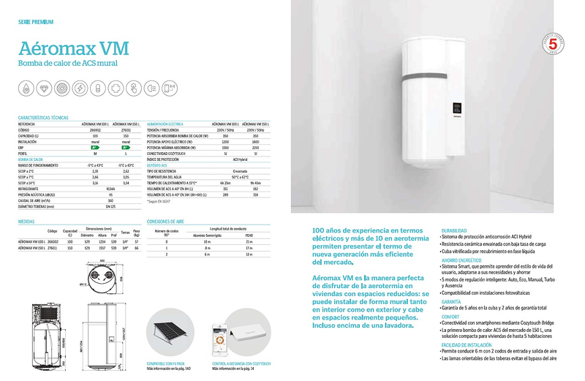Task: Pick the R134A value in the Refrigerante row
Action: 110,187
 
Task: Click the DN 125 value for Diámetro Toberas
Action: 110,207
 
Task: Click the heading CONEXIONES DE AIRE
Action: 164,220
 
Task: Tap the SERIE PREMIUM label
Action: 33,22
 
